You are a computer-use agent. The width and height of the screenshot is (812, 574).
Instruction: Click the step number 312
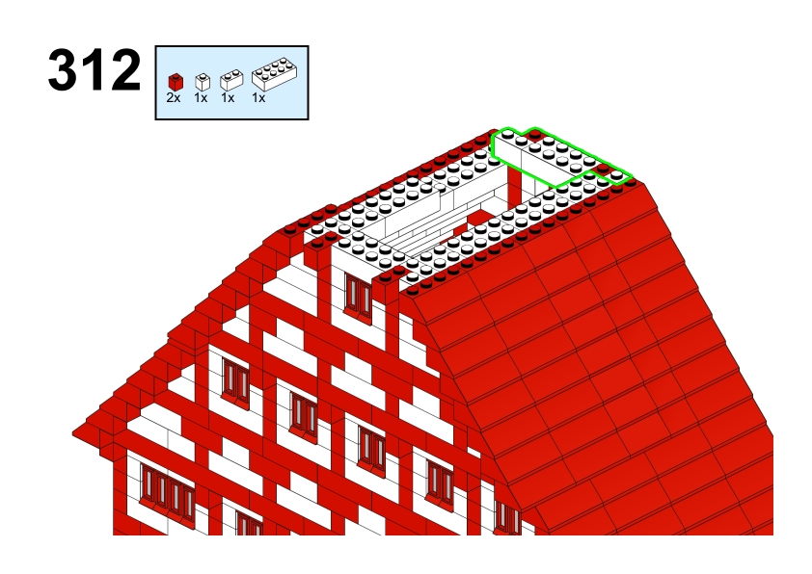click(x=95, y=69)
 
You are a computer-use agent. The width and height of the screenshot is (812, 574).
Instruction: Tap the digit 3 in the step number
click(x=63, y=69)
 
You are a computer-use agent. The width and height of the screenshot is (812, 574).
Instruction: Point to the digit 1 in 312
click(x=94, y=69)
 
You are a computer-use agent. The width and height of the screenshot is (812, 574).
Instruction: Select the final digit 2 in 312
click(x=124, y=69)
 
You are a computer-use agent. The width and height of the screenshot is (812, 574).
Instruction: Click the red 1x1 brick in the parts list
click(x=176, y=82)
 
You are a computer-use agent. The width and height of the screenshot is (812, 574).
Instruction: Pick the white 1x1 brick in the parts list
click(x=203, y=82)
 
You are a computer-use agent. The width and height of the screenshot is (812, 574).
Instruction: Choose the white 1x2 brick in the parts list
click(x=231, y=80)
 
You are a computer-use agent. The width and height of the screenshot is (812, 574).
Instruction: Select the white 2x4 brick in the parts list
click(x=275, y=74)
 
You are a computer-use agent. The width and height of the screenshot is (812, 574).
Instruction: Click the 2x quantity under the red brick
click(x=174, y=97)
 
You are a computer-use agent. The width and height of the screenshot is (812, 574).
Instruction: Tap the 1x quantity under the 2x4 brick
click(x=258, y=97)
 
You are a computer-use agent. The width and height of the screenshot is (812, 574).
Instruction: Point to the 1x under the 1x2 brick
click(x=228, y=97)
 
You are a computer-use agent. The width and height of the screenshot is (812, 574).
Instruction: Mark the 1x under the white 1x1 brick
click(x=201, y=97)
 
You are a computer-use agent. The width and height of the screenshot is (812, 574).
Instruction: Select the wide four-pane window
click(x=167, y=489)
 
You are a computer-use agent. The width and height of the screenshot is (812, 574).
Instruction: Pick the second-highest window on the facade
click(x=235, y=381)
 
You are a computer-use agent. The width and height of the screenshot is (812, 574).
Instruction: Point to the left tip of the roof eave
click(x=73, y=433)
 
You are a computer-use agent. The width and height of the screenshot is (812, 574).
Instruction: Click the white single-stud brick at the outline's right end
click(x=616, y=176)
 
